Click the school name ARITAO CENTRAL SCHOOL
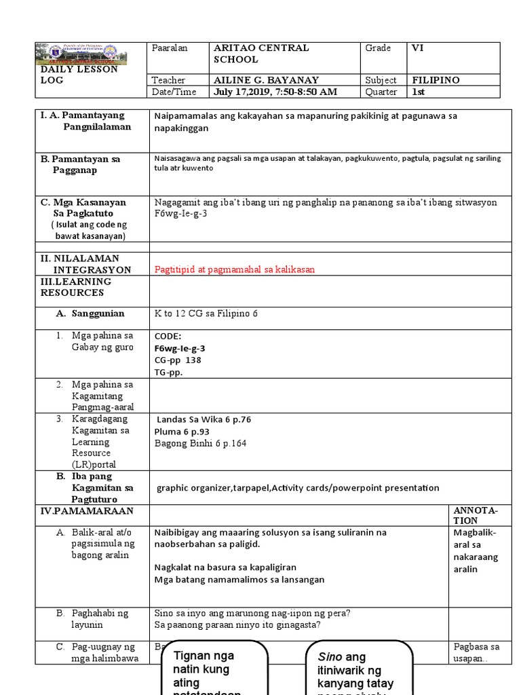pyautogui.click(x=260, y=54)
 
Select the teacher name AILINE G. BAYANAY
pyautogui.click(x=266, y=80)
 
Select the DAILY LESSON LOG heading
pyautogui.click(x=79, y=75)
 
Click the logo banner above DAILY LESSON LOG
pyautogui.click(x=92, y=54)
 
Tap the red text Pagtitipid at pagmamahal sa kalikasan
pyautogui.click(x=235, y=269)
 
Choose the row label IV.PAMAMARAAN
pyautogui.click(x=87, y=510)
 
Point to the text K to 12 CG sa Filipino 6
pyautogui.click(x=206, y=314)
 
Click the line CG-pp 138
pyautogui.click(x=178, y=360)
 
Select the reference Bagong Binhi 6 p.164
pyautogui.click(x=201, y=443)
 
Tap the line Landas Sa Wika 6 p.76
pyautogui.click(x=204, y=419)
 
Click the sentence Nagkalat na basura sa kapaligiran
pyautogui.click(x=225, y=567)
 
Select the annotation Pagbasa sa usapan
pyautogui.click(x=476, y=653)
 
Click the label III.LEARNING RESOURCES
pyautogui.click(x=75, y=287)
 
